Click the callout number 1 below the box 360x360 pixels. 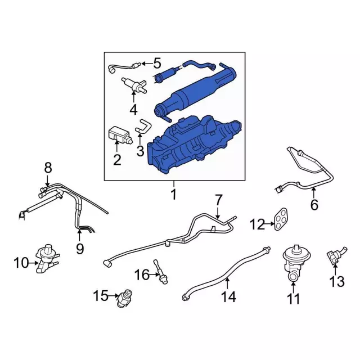[x=174, y=194]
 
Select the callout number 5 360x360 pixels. [x=157, y=63]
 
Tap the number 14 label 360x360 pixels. [x=229, y=296]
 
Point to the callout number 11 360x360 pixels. [x=294, y=299]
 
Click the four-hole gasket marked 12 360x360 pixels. [x=281, y=219]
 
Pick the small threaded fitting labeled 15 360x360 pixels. [x=125, y=298]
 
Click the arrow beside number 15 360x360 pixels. [x=114, y=296]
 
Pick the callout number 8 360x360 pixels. [x=48, y=168]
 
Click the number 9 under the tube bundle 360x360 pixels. [x=80, y=249]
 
